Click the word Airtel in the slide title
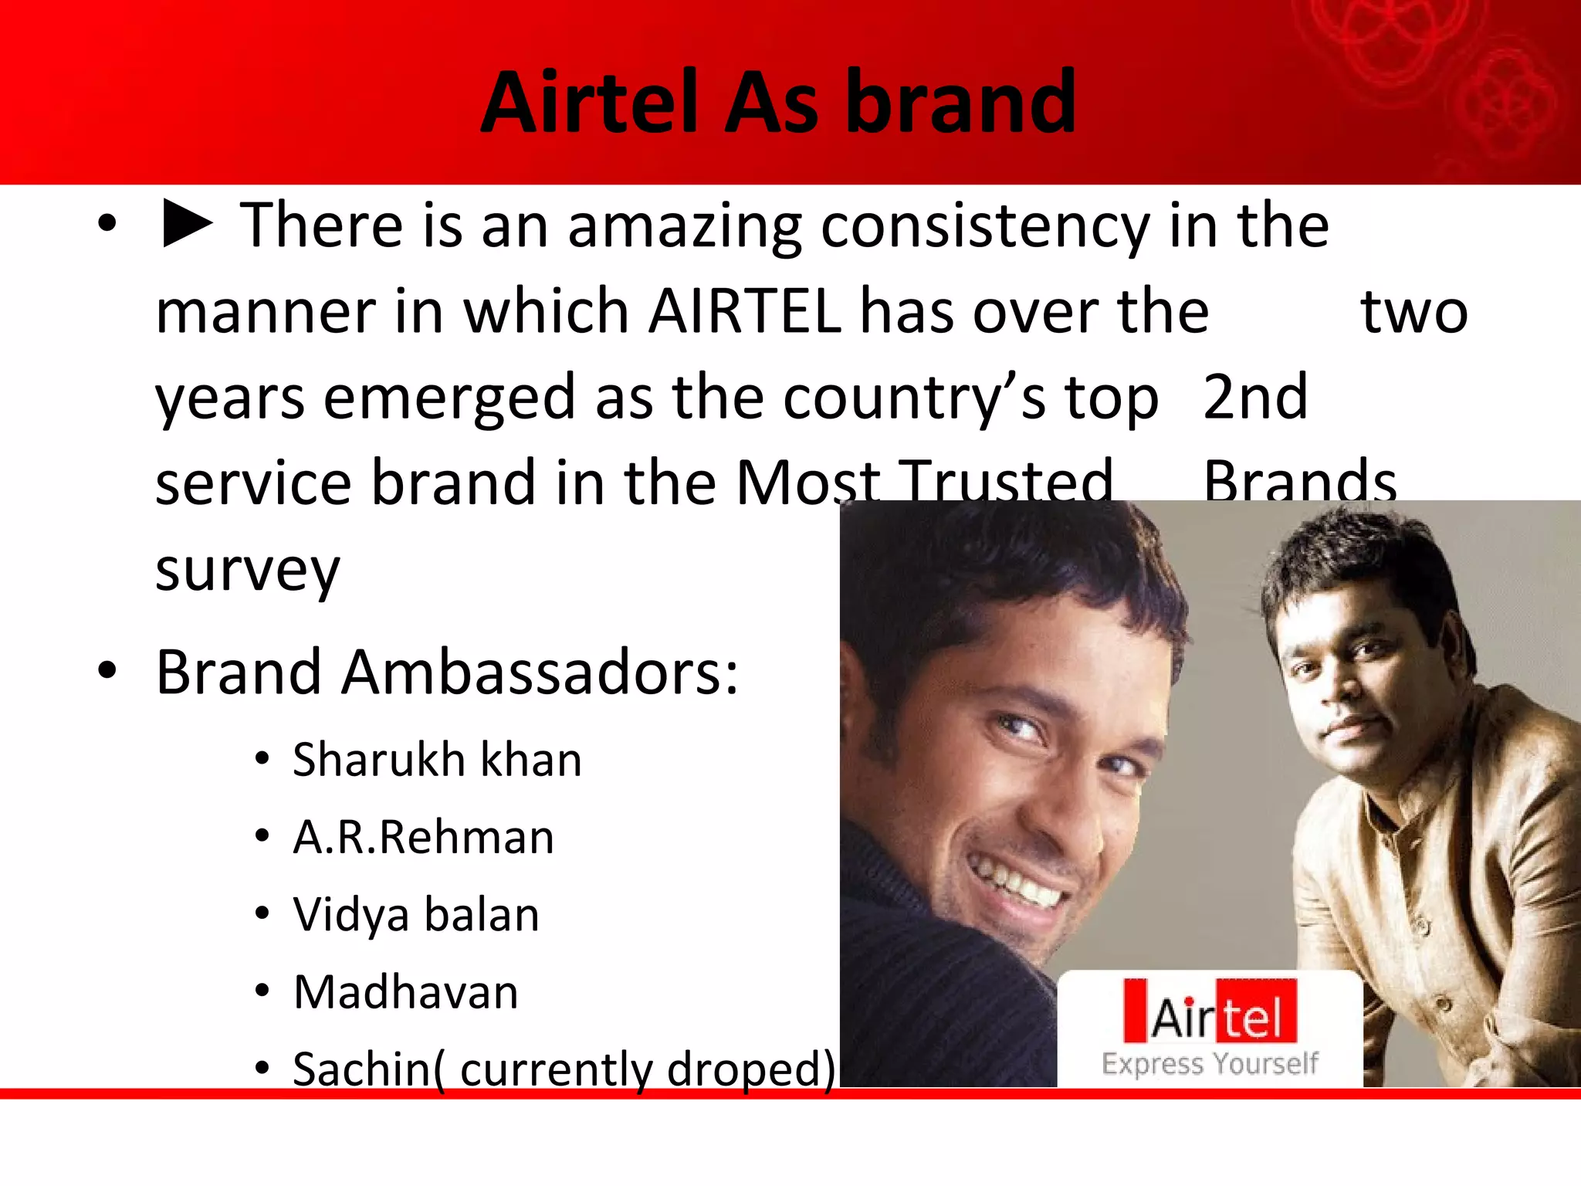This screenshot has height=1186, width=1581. point(591,103)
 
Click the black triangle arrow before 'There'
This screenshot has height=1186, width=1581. point(187,225)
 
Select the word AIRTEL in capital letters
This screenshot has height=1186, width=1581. point(745,311)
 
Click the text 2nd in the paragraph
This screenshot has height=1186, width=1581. point(1255,397)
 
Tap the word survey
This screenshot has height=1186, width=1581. point(247,571)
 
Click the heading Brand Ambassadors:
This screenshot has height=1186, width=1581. point(447,673)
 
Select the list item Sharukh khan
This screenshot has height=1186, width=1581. point(437,760)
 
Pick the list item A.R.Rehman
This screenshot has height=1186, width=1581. point(424,838)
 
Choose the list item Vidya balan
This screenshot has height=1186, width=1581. point(416,915)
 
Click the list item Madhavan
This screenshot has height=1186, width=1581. point(406,992)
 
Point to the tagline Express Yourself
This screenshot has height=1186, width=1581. point(1210,1064)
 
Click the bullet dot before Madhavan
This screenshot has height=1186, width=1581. point(262,991)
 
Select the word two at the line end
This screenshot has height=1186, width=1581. point(1414,313)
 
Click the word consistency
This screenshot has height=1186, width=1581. point(984,228)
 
